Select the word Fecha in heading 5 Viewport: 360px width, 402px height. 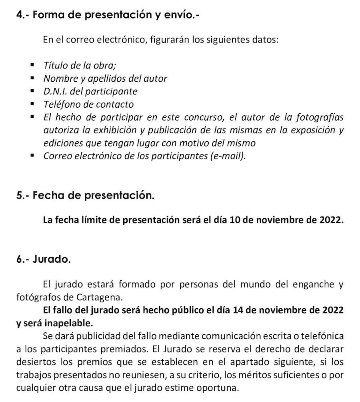click(x=49, y=195)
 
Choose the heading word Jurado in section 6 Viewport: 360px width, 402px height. click(x=52, y=259)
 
